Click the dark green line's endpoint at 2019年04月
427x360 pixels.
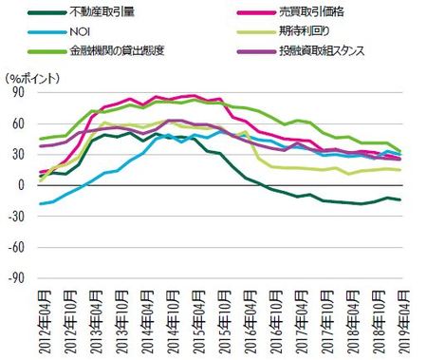[399, 199]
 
